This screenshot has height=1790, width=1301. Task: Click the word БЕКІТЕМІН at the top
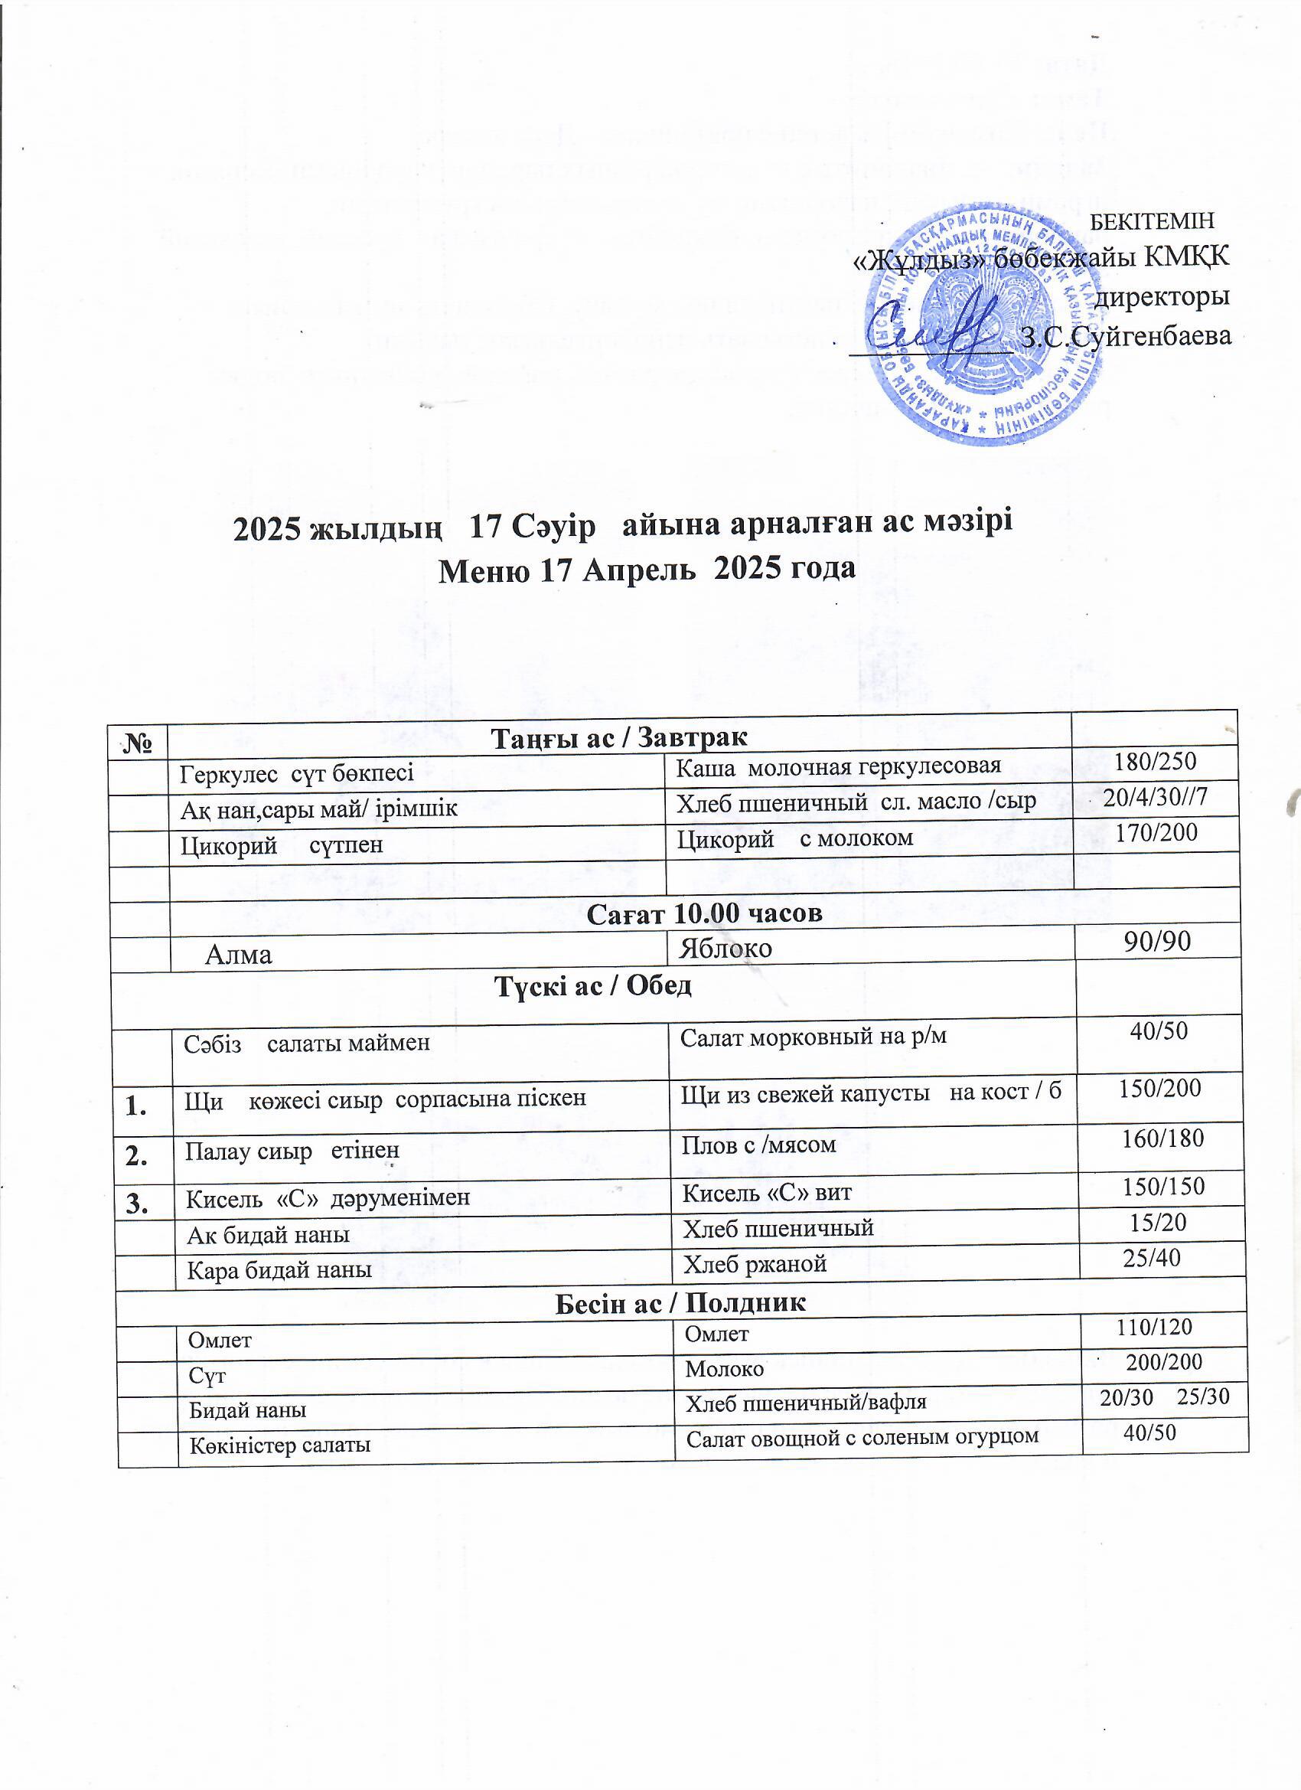point(1151,221)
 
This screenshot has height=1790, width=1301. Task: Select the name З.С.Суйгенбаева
point(1126,336)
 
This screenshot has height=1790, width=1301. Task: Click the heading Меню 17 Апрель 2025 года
point(646,568)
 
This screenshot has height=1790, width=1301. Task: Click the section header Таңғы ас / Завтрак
point(619,738)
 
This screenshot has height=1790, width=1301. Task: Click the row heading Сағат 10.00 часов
point(705,913)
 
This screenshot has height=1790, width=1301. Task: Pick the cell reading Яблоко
point(726,948)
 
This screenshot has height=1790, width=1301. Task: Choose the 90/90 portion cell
point(1156,941)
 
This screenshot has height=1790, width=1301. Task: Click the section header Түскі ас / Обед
point(592,986)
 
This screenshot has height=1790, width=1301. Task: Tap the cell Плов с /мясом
point(758,1145)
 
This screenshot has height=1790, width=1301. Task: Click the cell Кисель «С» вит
point(766,1193)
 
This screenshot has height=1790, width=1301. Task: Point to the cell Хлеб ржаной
point(755,1264)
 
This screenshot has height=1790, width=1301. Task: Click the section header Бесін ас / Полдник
point(681,1303)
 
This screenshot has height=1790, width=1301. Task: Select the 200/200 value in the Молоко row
point(1163,1361)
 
